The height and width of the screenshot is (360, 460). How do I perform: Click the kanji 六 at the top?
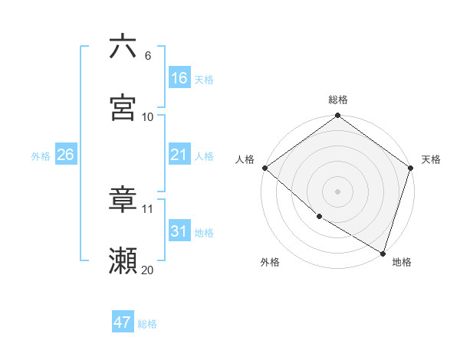(123, 47)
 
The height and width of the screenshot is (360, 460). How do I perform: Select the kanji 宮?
(123, 108)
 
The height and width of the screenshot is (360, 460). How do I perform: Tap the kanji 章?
(123, 200)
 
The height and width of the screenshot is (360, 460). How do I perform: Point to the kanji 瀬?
(123, 261)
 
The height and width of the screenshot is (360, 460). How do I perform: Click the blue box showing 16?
(179, 78)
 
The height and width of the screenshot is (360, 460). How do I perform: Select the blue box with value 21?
(179, 155)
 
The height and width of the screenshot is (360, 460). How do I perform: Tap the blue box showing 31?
(179, 231)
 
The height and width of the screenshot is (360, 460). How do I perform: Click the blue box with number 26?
(66, 155)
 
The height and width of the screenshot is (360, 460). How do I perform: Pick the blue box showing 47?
(123, 322)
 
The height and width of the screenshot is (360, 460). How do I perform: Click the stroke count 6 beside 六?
(148, 56)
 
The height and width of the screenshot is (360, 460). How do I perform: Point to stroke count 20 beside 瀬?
(148, 270)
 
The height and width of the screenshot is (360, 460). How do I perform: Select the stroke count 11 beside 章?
(148, 208)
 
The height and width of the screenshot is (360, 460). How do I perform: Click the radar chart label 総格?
(338, 100)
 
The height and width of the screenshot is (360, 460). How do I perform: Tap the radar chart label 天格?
(431, 159)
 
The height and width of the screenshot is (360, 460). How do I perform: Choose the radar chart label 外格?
(270, 262)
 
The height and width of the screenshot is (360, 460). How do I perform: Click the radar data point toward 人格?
(264, 168)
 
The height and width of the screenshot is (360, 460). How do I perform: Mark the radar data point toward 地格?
(383, 252)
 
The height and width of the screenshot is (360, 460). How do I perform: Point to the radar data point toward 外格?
(319, 217)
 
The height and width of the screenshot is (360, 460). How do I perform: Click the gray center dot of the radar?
(338, 191)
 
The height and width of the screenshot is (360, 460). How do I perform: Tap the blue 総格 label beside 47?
(147, 324)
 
